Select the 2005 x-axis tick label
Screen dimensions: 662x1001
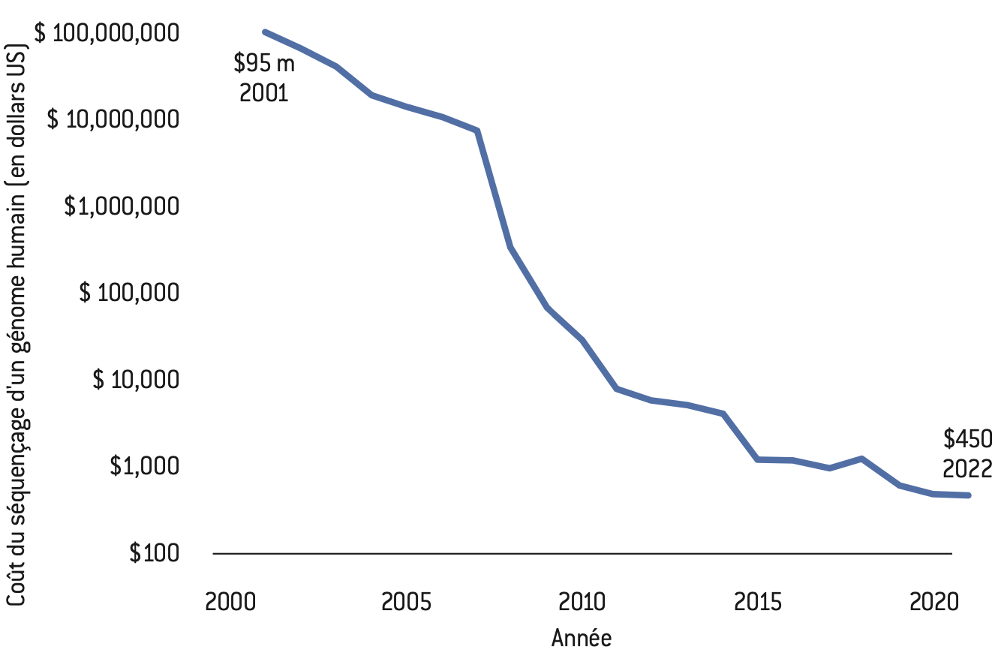click(x=407, y=603)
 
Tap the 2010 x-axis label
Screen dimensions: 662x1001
click(x=582, y=603)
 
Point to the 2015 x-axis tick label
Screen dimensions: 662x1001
click(x=758, y=603)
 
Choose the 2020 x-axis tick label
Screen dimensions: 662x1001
click(x=933, y=603)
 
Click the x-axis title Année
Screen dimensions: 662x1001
click(x=582, y=639)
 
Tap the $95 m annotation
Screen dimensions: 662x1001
click(x=264, y=63)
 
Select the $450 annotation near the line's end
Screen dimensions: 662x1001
click(x=968, y=438)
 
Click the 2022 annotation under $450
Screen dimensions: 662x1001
click(x=968, y=468)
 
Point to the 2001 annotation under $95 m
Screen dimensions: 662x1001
click(x=263, y=93)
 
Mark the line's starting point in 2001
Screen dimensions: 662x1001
click(x=266, y=32)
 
